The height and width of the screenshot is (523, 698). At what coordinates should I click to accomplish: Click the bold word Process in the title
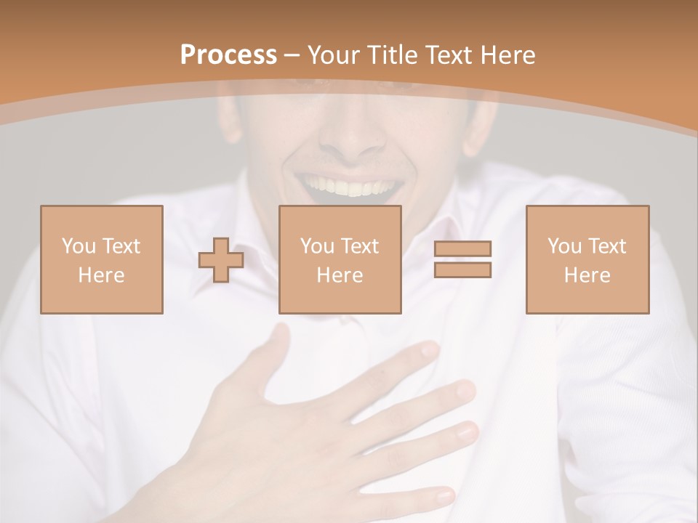pos(228,55)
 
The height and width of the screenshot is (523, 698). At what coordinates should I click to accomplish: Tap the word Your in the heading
pos(333,55)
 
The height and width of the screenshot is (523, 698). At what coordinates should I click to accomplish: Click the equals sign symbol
pos(462,259)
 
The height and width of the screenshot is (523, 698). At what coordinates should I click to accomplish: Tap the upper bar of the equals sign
pos(462,249)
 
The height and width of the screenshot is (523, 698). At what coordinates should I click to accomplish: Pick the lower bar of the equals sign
pos(462,269)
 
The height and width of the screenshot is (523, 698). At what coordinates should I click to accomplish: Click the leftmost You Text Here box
pos(102,259)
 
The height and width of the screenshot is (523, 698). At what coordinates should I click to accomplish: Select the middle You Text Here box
pos(340,259)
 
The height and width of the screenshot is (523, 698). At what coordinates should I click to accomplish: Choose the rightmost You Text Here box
pos(587,259)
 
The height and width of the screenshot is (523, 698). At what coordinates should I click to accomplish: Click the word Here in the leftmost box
pos(102,275)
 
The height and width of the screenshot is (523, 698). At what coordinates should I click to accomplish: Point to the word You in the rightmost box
pos(564,246)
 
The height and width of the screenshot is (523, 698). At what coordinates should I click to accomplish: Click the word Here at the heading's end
pos(507,55)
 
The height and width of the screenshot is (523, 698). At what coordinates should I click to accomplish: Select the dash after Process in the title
pos(292,55)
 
